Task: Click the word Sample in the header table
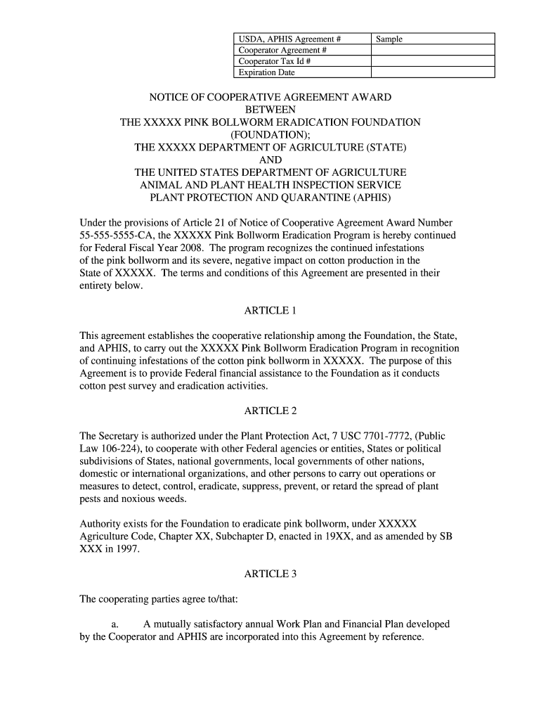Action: (x=389, y=39)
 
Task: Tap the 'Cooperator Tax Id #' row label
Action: (x=275, y=61)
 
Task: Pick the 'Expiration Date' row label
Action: (x=266, y=72)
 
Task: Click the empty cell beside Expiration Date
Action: (x=432, y=72)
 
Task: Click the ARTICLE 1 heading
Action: (x=270, y=310)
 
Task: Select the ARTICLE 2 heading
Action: (x=270, y=411)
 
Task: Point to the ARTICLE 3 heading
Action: (x=270, y=574)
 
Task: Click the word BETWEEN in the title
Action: (x=270, y=110)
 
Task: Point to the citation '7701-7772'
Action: (x=386, y=436)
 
